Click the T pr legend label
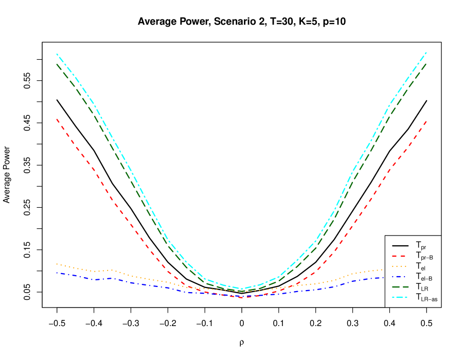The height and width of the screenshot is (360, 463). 421,246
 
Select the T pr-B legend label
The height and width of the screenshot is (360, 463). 424,256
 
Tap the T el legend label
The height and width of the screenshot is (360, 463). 420,266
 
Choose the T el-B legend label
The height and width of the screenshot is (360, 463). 424,277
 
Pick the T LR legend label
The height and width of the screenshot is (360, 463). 422,287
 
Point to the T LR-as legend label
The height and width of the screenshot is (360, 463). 426,297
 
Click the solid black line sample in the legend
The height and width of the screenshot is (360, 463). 400,245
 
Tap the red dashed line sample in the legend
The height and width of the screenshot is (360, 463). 400,256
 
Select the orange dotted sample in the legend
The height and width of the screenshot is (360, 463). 400,266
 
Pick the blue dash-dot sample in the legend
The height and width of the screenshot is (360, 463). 400,276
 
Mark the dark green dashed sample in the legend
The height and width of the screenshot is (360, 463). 400,286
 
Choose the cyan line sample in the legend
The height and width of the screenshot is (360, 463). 400,297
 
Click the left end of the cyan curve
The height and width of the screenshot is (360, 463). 57,54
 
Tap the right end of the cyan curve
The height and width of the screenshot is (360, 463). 426,52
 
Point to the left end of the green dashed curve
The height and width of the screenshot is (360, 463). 57,64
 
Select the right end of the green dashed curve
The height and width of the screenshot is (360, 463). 426,63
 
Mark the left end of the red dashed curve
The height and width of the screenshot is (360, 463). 57,119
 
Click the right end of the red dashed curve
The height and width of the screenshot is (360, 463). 426,121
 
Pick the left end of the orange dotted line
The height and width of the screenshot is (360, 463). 57,264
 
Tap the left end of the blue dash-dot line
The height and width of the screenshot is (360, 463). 57,273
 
